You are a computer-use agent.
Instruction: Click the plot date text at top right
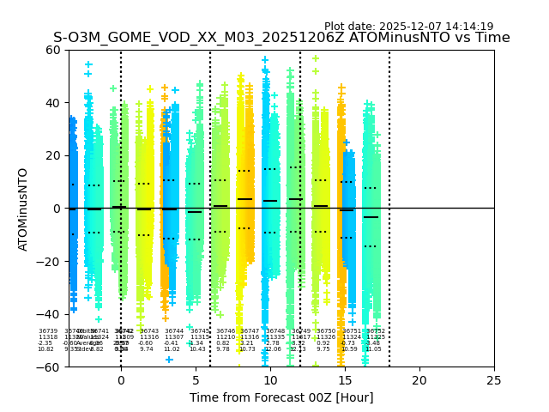click(408, 27)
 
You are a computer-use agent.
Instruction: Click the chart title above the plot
click(281, 38)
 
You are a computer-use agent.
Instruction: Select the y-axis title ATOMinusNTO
click(23, 209)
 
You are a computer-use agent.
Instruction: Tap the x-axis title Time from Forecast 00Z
click(281, 398)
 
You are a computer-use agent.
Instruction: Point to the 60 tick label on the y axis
click(52, 50)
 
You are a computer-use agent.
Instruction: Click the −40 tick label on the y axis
click(49, 314)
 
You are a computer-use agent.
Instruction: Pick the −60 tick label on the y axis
click(49, 367)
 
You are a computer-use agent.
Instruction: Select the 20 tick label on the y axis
click(52, 155)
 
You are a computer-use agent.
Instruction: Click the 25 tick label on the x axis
click(494, 380)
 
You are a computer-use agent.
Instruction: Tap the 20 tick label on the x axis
click(419, 380)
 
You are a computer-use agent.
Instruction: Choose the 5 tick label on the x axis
click(196, 380)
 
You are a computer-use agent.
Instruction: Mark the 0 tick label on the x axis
click(121, 380)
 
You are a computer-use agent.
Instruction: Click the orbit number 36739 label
click(48, 330)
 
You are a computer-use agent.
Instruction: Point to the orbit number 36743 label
click(149, 330)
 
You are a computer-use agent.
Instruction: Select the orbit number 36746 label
click(225, 330)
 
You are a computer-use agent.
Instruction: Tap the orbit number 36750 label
click(325, 330)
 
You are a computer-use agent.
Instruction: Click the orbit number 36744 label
click(174, 330)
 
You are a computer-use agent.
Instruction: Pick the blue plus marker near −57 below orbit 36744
click(169, 360)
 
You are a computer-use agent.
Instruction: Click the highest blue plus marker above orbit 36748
click(265, 60)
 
